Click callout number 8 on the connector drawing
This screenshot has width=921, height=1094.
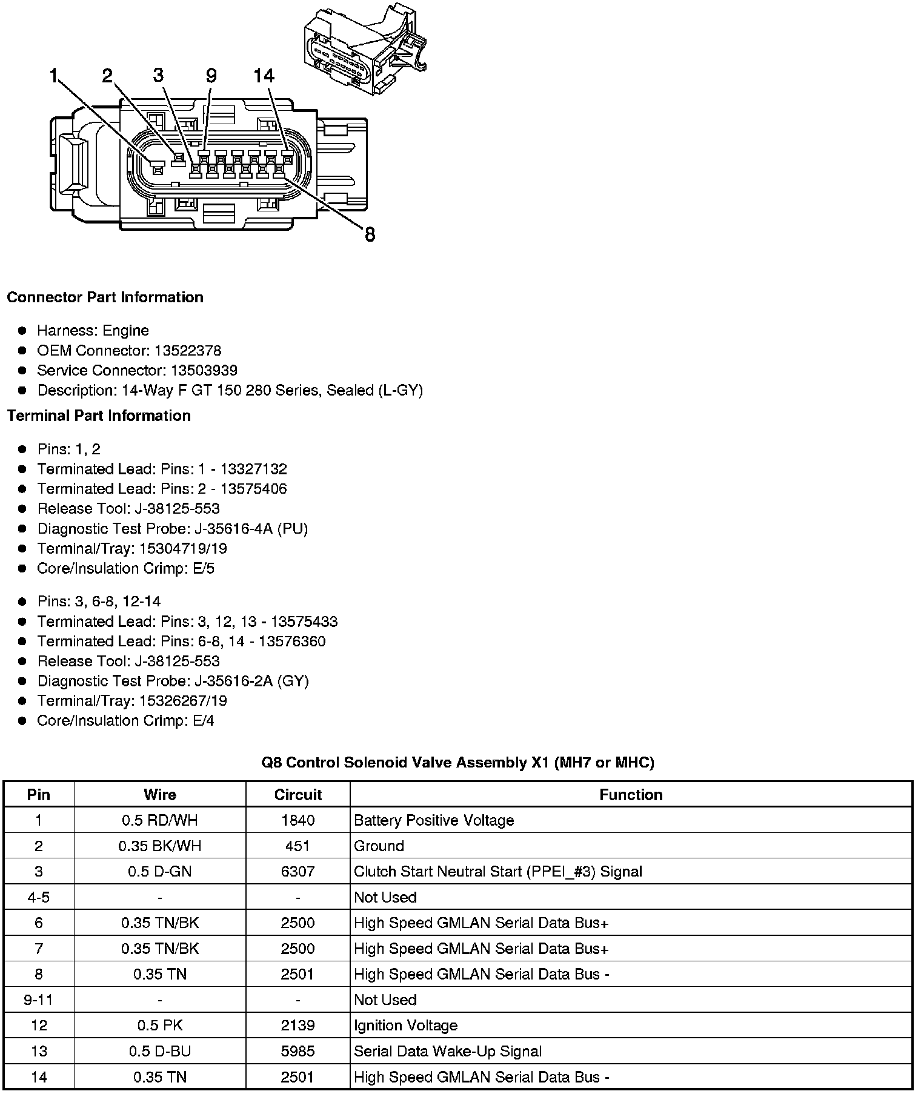tap(370, 234)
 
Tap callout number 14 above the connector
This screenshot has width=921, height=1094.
tap(264, 76)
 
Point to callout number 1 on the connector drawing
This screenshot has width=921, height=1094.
tap(55, 76)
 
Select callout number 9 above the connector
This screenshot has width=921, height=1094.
tap(211, 76)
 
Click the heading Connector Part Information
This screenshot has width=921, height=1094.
tap(105, 297)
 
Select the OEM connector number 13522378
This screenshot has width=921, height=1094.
tap(188, 351)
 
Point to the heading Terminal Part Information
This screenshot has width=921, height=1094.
tap(99, 416)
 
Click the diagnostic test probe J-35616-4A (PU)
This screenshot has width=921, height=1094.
tap(251, 529)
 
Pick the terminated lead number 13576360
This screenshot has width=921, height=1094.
tap(292, 641)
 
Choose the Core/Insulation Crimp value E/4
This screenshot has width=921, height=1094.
tap(203, 720)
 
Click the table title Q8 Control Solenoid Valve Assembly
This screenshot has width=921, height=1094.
tap(457, 762)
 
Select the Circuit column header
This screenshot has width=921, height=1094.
tap(298, 795)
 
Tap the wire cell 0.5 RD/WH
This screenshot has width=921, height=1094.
tap(160, 820)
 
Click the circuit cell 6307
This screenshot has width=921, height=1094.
tap(298, 872)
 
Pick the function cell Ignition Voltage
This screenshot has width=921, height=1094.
tap(405, 1026)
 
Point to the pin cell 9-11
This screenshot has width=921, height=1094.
tap(39, 1000)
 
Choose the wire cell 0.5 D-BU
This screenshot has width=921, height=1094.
tap(160, 1052)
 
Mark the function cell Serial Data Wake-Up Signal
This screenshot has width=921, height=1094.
tap(448, 1052)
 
